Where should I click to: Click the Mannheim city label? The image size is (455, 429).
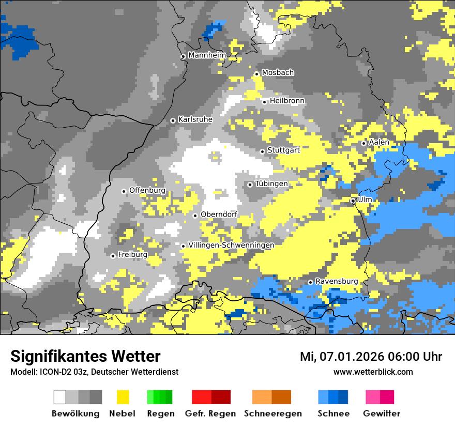click(x=207, y=55)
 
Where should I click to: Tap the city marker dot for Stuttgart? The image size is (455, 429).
click(x=263, y=151)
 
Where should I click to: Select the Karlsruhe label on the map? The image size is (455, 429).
click(x=195, y=119)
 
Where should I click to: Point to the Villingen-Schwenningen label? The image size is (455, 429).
click(x=231, y=245)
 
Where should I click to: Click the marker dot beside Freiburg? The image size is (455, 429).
click(x=113, y=256)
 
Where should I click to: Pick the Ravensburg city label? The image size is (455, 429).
click(x=337, y=281)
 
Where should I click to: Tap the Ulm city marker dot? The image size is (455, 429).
click(x=353, y=201)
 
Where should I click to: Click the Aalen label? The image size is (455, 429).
click(x=379, y=142)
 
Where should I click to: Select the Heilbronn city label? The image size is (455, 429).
click(x=287, y=101)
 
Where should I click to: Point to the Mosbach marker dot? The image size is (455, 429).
click(x=256, y=74)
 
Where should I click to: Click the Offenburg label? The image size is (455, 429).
click(x=147, y=190)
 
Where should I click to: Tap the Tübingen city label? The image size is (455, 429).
click(x=271, y=183)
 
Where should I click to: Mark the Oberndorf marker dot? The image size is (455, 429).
click(x=195, y=216)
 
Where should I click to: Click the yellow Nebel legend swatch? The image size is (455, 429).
click(x=123, y=397)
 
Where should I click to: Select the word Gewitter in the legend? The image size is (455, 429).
click(x=382, y=413)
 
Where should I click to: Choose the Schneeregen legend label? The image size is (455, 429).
click(x=273, y=413)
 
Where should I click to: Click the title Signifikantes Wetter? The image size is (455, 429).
click(x=85, y=356)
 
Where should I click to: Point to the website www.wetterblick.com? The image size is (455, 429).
click(x=373, y=372)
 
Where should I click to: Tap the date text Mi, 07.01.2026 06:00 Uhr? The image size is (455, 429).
click(x=371, y=357)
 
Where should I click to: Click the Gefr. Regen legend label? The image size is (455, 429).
click(x=210, y=413)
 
